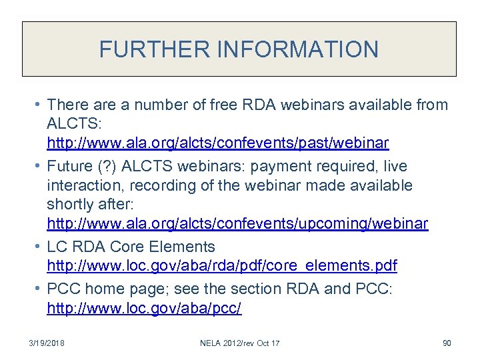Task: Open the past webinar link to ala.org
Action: pos(218,143)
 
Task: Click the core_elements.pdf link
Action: pos(222,265)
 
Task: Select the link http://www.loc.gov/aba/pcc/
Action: pos(144,308)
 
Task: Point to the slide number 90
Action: pos(447,343)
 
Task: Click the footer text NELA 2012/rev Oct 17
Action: pos(240,343)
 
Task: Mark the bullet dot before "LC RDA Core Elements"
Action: pos(39,247)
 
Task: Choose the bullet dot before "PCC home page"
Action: pos(39,289)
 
